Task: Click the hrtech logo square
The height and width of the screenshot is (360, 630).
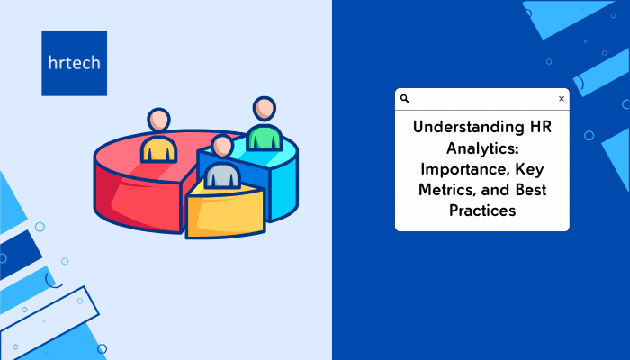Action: (75, 63)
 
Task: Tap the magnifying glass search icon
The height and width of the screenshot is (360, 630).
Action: (405, 99)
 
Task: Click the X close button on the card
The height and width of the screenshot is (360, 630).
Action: (562, 98)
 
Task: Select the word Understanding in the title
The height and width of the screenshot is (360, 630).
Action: (463, 128)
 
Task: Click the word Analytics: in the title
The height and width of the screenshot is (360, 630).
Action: (482, 148)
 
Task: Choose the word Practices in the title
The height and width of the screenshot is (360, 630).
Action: (482, 211)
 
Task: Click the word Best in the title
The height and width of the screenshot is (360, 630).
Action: (531, 190)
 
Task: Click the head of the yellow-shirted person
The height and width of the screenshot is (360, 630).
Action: (158, 120)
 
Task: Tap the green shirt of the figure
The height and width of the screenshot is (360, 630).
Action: (264, 138)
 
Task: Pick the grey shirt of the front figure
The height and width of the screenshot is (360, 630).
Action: (222, 176)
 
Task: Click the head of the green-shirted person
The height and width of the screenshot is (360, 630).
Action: (265, 109)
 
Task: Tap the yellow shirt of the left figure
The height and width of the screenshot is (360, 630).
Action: (158, 149)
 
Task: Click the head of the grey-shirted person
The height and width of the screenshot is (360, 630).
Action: (222, 146)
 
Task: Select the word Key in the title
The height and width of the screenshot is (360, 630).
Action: (529, 169)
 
